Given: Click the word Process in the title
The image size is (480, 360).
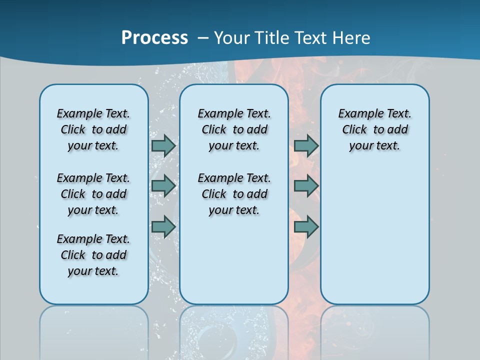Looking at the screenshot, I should [x=154, y=38].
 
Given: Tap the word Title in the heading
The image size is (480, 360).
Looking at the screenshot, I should [x=273, y=38].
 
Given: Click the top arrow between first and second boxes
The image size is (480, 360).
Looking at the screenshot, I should [x=163, y=145].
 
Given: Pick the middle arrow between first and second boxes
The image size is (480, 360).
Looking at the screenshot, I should [x=163, y=186].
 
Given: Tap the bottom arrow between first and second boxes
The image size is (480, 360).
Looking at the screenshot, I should [x=163, y=227].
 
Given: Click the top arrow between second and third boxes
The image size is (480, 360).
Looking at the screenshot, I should [x=306, y=145].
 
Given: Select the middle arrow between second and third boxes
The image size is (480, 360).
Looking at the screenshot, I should [x=306, y=186].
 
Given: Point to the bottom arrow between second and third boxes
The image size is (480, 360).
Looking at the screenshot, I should [x=306, y=227].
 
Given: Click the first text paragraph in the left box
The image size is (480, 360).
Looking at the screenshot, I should [x=93, y=129].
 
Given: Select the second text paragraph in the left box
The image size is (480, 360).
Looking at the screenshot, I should [x=93, y=194].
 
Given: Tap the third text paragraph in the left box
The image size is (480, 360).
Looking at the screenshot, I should [x=93, y=255].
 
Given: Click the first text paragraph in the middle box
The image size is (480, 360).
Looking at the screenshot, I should [x=234, y=129].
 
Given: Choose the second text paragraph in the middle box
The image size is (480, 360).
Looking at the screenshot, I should [x=234, y=194].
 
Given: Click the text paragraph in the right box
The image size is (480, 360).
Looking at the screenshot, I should [x=375, y=129].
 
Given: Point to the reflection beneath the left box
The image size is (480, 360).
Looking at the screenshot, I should [x=94, y=330].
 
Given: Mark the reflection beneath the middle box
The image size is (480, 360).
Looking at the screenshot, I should [x=234, y=330].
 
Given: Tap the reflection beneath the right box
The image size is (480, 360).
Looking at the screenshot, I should [x=375, y=330].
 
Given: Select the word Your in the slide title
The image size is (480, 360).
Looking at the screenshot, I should [x=232, y=38].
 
